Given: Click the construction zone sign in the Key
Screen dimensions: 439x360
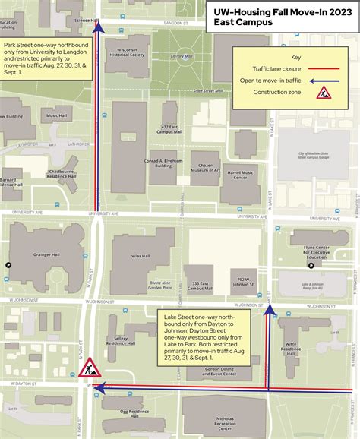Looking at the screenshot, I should click(x=322, y=93).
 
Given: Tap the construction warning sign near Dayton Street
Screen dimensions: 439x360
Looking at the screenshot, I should click(x=90, y=348).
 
